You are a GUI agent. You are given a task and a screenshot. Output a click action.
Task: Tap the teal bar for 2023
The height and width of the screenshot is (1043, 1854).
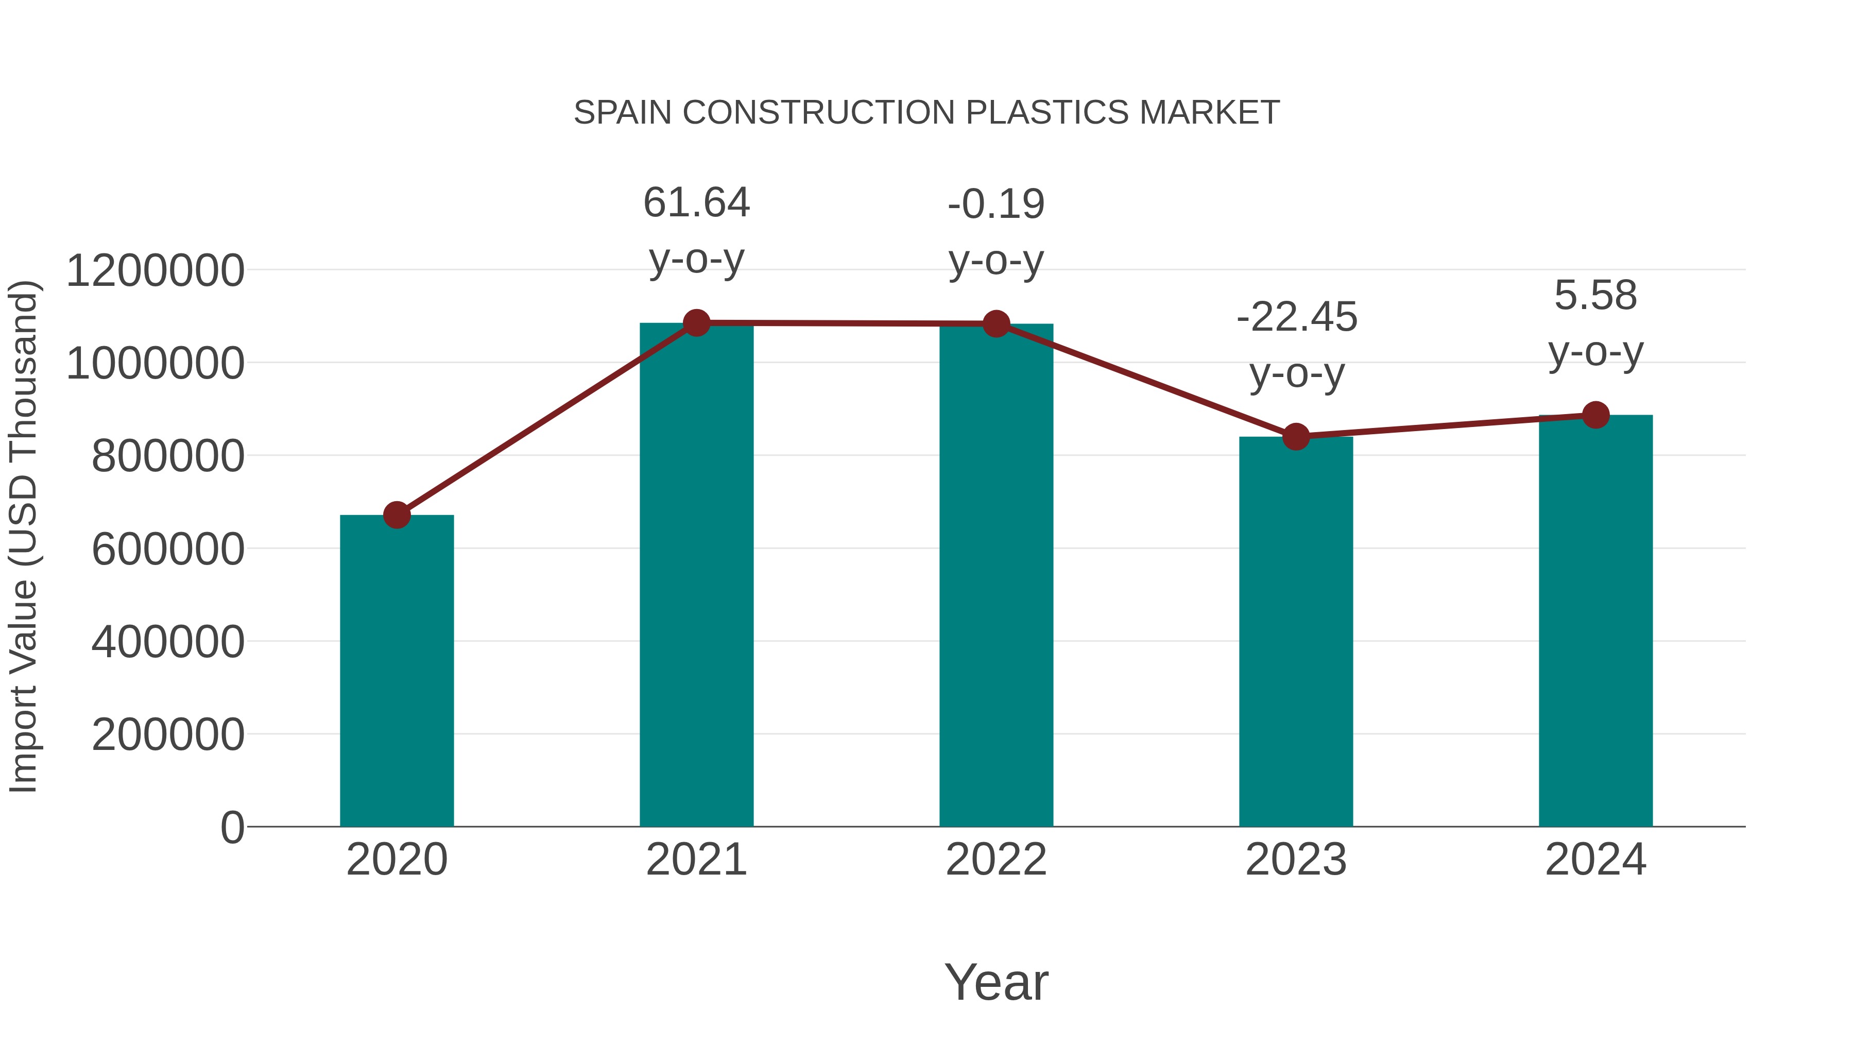click(1296, 631)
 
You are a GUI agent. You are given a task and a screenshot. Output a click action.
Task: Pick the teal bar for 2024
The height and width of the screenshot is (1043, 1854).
click(1595, 621)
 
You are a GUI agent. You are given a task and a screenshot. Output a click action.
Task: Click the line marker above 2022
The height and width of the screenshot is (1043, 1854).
click(996, 324)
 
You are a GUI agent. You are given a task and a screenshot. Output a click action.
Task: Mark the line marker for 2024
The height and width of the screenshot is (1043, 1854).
click(1595, 415)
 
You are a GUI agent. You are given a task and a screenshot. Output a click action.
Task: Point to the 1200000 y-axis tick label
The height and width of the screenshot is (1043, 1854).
click(154, 271)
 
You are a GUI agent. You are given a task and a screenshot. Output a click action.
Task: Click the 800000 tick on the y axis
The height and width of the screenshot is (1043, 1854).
click(168, 456)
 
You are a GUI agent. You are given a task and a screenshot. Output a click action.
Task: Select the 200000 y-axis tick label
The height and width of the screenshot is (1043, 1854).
click(168, 735)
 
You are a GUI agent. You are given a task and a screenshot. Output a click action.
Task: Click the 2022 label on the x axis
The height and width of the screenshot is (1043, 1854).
click(996, 860)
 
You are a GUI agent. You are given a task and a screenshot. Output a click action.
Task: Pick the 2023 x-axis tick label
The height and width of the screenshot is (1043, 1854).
click(1296, 860)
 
